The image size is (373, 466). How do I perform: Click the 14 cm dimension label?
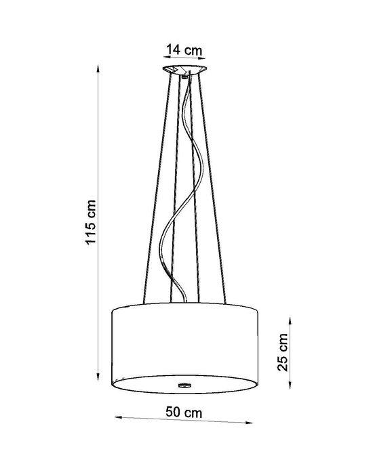(x=184, y=49)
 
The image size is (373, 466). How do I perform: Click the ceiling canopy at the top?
(x=184, y=70)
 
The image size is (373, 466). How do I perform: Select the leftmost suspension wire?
(x=156, y=190)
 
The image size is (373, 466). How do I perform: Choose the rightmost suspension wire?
(x=214, y=190)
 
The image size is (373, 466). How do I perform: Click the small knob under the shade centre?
(x=184, y=384)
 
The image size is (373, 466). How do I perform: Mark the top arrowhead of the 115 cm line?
(x=100, y=68)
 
